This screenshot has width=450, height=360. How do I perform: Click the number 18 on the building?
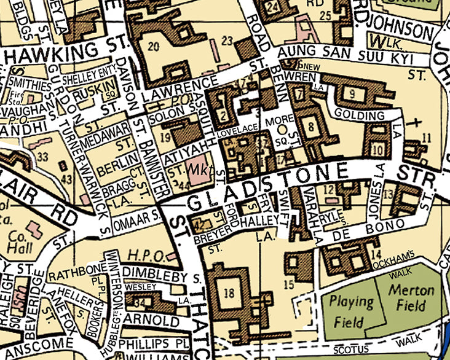[x=229, y=293]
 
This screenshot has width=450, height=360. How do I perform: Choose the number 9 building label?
[x=352, y=93]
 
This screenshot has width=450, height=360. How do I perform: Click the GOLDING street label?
[x=360, y=115]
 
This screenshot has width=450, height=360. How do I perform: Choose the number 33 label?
[x=42, y=157]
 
